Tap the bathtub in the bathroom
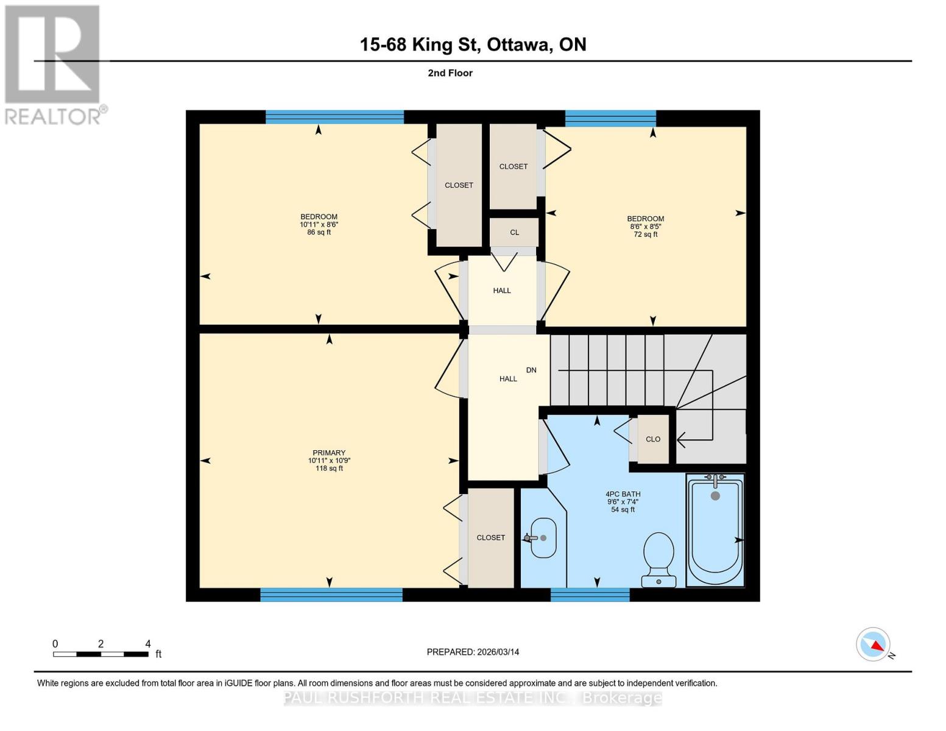tap(715, 530)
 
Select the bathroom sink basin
tap(543, 538)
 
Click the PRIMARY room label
tap(329, 453)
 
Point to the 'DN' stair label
tap(531, 370)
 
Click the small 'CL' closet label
tap(514, 232)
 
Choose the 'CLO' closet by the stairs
tap(653, 439)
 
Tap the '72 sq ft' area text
tap(646, 235)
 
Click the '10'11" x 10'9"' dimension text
tap(329, 461)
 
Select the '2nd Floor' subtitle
tap(450, 73)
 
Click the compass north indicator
tap(874, 644)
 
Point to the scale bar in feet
tap(101, 654)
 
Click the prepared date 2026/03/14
tap(473, 652)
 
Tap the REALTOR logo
tap(53, 64)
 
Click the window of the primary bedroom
tap(331, 595)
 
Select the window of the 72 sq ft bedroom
tap(610, 118)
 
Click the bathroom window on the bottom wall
tap(590, 595)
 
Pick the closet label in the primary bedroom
tap(490, 537)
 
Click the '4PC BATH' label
tap(623, 494)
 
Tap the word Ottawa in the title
tap(517, 44)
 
